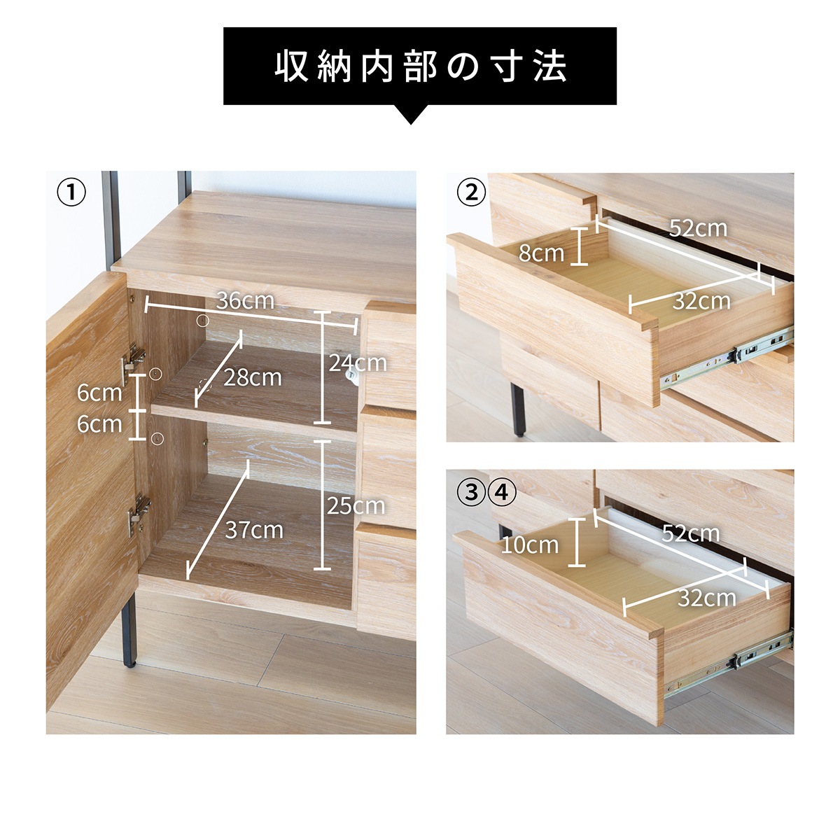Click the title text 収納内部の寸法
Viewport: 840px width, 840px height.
[420, 66]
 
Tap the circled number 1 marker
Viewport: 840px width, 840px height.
[71, 192]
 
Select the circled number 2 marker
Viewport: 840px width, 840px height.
[471, 192]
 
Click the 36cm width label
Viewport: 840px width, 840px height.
[245, 301]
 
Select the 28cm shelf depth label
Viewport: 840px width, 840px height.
[253, 377]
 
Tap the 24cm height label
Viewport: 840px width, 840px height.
[358, 363]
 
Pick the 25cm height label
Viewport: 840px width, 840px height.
[356, 506]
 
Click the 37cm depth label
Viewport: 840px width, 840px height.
[254, 530]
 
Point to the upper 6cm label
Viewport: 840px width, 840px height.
[99, 393]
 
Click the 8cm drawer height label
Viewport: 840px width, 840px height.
[541, 253]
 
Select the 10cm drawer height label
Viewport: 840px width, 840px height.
[530, 544]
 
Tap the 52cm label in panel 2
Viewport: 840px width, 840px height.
[698, 227]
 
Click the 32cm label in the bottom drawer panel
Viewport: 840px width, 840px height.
[707, 598]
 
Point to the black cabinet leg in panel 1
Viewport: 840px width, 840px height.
[128, 630]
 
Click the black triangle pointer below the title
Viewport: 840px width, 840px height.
[412, 115]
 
